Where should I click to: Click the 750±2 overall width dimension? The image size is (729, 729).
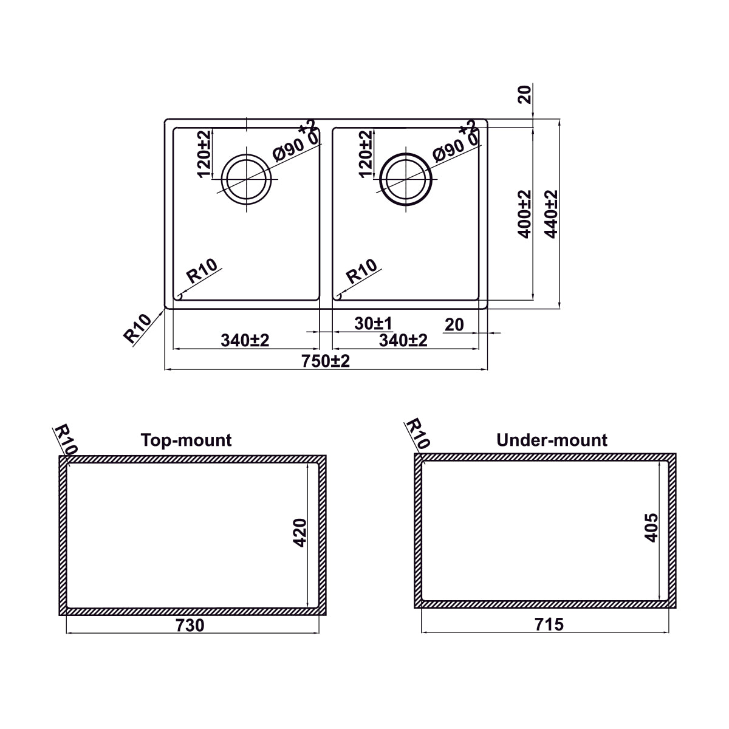tap(326, 361)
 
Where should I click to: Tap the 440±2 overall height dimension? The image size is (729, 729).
tap(552, 214)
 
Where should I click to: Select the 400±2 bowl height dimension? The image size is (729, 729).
tap(524, 214)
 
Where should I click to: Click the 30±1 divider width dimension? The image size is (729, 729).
tap(373, 323)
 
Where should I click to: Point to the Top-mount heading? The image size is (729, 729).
tap(186, 440)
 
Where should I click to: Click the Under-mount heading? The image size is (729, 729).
tap(552, 440)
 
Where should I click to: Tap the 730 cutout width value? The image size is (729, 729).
tap(190, 625)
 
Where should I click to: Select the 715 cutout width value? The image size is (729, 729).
tap(549, 625)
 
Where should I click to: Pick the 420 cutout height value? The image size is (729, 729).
tap(299, 533)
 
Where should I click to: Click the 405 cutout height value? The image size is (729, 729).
tap(651, 528)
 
